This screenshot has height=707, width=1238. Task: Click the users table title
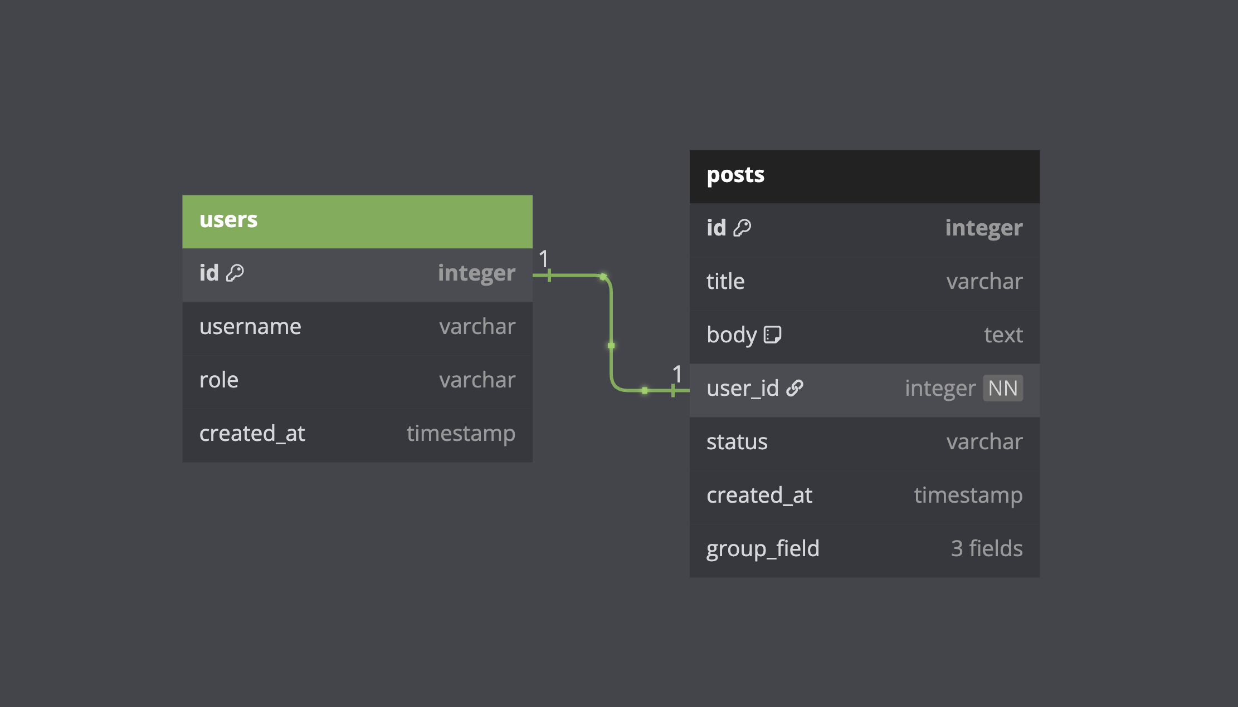[228, 220]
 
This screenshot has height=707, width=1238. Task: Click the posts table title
[735, 175]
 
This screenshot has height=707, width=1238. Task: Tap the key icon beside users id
[235, 273]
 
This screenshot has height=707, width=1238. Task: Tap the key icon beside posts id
[742, 228]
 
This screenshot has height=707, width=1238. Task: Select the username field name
[250, 326]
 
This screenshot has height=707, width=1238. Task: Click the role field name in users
[219, 380]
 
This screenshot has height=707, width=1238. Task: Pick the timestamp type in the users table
[461, 434]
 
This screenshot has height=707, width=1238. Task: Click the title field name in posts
[725, 281]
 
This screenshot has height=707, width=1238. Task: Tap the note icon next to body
[772, 335]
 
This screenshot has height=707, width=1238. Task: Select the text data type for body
[1003, 335]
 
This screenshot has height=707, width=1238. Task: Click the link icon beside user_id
[795, 388]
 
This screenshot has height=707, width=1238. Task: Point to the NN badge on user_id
[1003, 388]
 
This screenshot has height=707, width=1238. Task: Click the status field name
[737, 442]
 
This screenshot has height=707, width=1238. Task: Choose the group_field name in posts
[763, 549]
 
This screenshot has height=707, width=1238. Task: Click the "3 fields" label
[987, 549]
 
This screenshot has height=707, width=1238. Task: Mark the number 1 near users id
[543, 259]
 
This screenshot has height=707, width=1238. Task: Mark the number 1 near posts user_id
[677, 374]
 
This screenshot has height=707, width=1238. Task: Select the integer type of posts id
[984, 228]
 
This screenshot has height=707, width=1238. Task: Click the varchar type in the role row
[477, 380]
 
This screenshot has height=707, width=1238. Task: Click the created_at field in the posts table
[759, 495]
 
